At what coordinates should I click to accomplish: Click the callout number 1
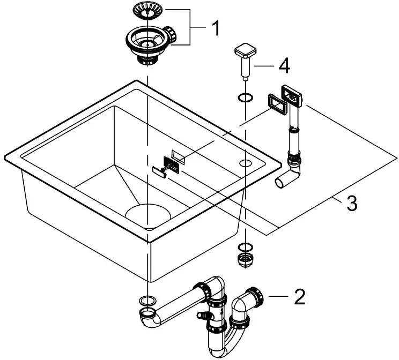tap(215, 27)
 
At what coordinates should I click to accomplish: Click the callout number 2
tap(299, 295)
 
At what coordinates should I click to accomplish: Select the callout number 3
tap(351, 204)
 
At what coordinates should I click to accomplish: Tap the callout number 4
tap(284, 67)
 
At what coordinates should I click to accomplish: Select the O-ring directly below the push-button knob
tap(244, 98)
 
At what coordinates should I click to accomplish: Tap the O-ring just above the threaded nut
tap(244, 247)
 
